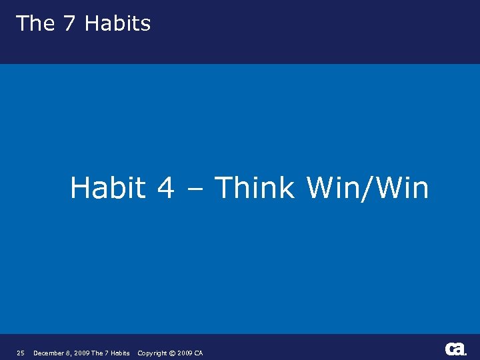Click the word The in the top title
pos(35,23)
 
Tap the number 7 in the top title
pos(69,23)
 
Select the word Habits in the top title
pos(118,24)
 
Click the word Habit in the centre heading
pos(108,188)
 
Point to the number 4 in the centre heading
pos(166,189)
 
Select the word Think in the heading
pos(255,188)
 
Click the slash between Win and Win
pos(369,189)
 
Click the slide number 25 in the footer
pos(21,353)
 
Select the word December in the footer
pos(49,353)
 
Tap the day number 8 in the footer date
pos(69,353)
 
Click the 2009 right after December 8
pos(81,353)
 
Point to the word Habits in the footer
pos(119,353)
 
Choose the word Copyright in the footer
pos(152,353)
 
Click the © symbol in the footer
pos(172,353)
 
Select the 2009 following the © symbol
pos(185,353)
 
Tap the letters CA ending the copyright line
pos(199,353)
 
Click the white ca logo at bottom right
pos(456,349)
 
